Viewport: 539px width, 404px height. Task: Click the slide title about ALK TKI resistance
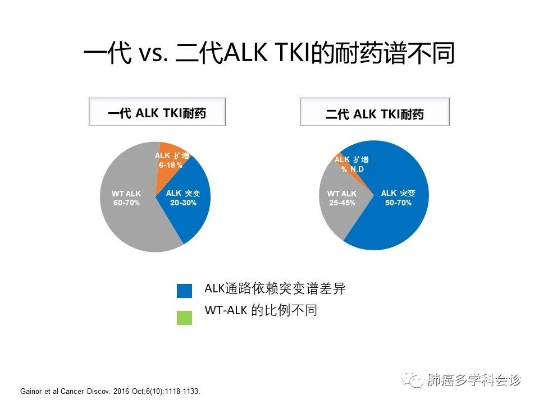tap(269, 53)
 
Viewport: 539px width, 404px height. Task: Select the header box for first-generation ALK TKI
tap(157, 112)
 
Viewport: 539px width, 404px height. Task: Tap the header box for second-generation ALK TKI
tap(374, 112)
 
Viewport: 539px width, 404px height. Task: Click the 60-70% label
tap(126, 203)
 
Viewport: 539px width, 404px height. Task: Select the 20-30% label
tap(183, 203)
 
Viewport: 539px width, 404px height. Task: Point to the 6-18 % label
tap(171, 165)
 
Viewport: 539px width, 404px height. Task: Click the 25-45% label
tap(342, 203)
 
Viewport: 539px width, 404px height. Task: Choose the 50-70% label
tap(398, 203)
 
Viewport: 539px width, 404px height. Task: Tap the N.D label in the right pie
tap(357, 169)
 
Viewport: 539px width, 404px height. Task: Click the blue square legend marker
tap(184, 291)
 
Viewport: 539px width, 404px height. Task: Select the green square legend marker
tap(184, 318)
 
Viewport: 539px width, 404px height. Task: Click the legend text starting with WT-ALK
tap(261, 310)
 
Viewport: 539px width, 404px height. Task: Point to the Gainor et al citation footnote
tap(110, 391)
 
